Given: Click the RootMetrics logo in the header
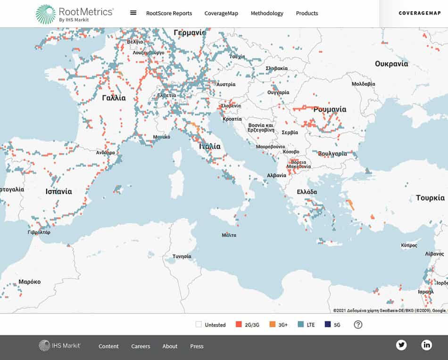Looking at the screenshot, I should [75, 14].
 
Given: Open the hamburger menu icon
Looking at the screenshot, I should [133, 13].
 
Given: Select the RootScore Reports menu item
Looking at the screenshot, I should [169, 13].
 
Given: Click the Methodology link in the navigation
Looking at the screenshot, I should [267, 13].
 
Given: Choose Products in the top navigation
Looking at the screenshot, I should [307, 13].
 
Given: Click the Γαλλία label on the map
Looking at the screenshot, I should [114, 98].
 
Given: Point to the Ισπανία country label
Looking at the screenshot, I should [58, 191].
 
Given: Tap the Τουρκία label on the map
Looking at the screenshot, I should [430, 198].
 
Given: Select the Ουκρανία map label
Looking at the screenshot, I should [391, 64].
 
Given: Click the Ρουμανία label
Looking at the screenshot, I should [330, 109].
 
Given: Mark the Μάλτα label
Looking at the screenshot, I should [229, 235].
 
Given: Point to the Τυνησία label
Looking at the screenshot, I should [182, 256].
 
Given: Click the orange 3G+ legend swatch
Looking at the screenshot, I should [272, 325].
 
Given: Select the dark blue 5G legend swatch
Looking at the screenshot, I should [327, 325].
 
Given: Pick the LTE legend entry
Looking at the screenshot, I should [307, 325].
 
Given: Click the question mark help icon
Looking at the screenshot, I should [358, 325].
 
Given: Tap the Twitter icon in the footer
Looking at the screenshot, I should [401, 345].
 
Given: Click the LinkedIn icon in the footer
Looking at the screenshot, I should [427, 345].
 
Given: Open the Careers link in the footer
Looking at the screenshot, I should [141, 346].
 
